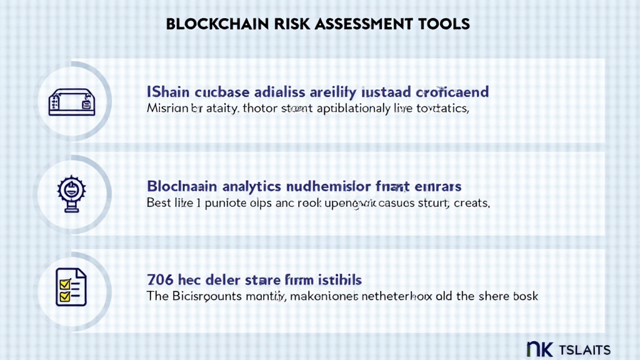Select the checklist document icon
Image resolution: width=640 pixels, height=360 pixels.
pyautogui.click(x=71, y=287)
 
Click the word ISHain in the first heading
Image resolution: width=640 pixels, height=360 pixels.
pyautogui.click(x=167, y=92)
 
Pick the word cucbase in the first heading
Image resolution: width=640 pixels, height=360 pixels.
pyautogui.click(x=222, y=92)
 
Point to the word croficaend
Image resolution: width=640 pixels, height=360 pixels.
pyautogui.click(x=452, y=92)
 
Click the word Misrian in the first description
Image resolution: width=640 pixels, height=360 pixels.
pyautogui.click(x=166, y=108)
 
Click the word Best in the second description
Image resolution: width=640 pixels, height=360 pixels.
pyautogui.click(x=159, y=203)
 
